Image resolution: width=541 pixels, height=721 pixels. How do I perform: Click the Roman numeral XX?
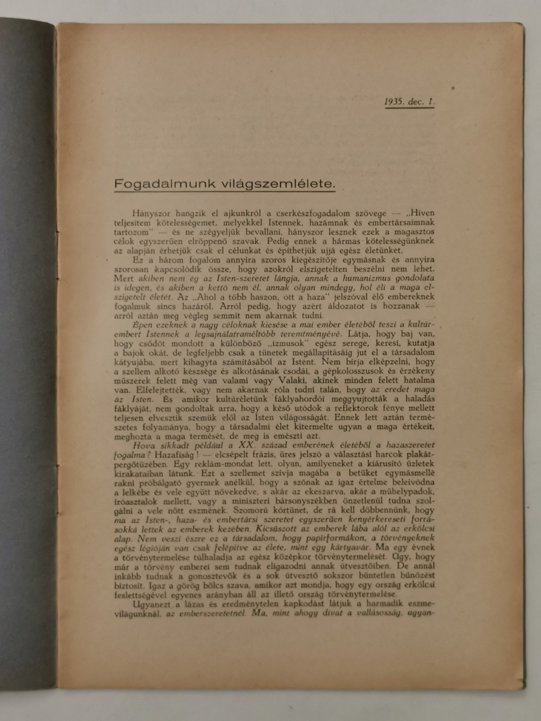[x=246, y=445]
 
